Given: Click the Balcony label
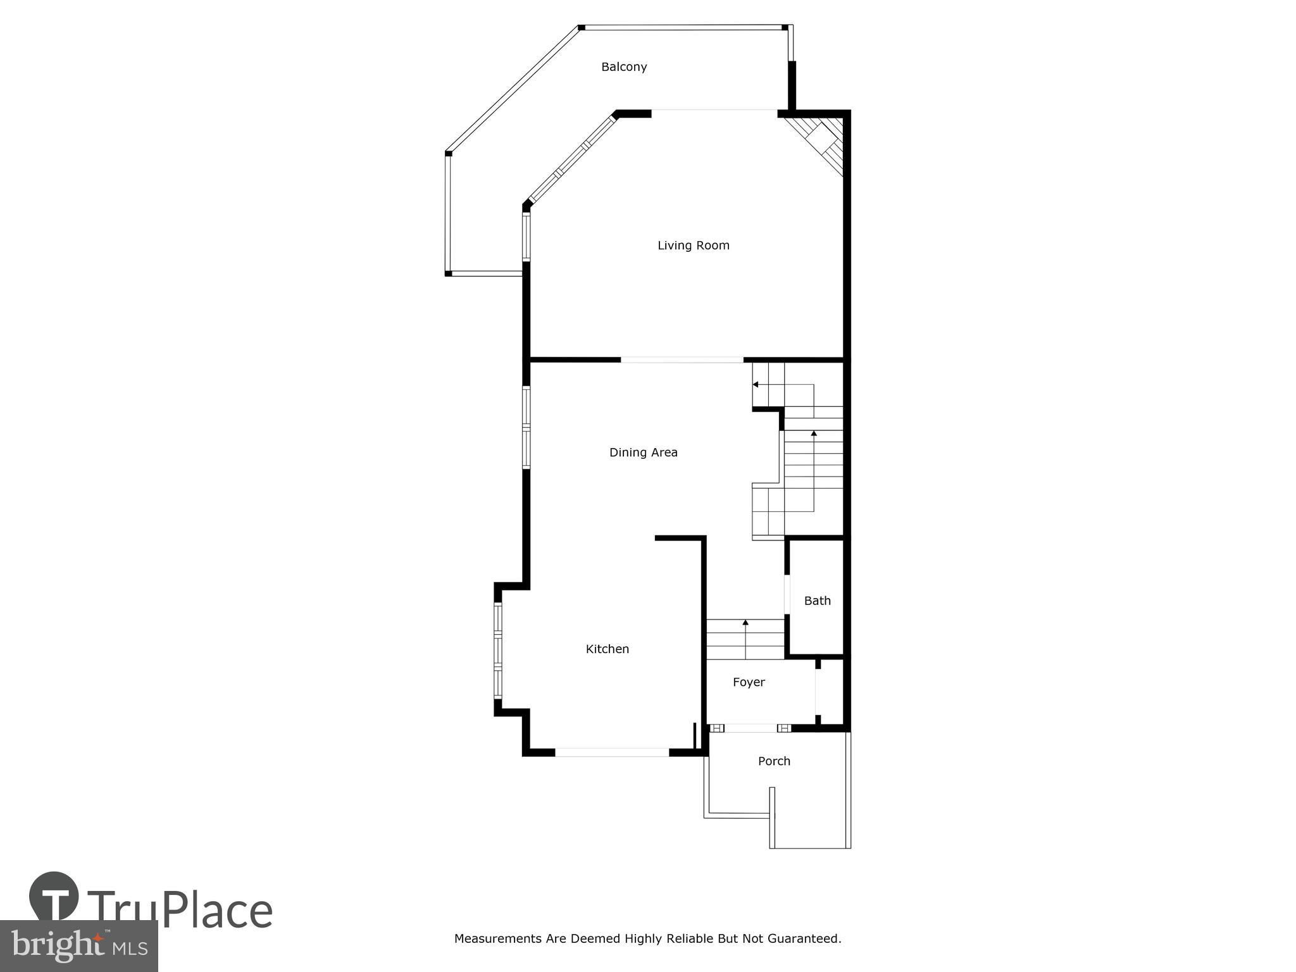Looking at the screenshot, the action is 624,67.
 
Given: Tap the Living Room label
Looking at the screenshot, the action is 694,246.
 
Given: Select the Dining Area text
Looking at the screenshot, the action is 644,452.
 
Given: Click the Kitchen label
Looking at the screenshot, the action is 607,649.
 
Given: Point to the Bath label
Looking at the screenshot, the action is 818,601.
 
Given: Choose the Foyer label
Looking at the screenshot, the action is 749,682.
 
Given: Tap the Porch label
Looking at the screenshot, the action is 775,761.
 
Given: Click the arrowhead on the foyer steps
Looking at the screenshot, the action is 745,623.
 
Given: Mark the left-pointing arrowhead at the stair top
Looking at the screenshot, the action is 755,384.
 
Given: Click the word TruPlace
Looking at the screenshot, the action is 180,911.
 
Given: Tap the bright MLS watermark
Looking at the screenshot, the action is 79,946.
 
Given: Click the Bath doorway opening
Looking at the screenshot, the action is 787,594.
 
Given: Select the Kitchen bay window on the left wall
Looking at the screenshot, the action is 498,651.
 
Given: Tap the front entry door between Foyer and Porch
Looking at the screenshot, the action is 751,728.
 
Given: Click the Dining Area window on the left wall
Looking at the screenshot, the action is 526,428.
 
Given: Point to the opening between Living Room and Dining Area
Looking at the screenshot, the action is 682,360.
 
